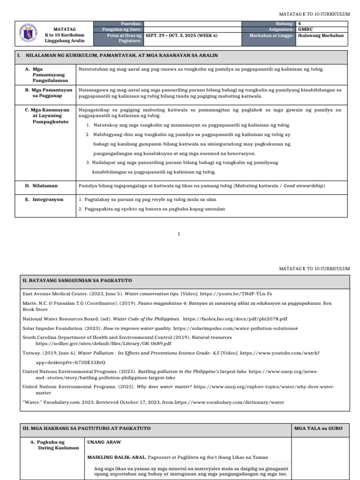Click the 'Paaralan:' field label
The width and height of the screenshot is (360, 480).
[132, 23]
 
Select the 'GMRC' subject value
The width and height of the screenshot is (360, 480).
[305, 30]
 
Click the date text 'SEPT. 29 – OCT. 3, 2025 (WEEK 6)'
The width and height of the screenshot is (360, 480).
[181, 36]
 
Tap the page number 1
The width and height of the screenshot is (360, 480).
[179, 233]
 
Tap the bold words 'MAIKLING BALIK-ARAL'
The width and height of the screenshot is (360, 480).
[116, 457]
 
